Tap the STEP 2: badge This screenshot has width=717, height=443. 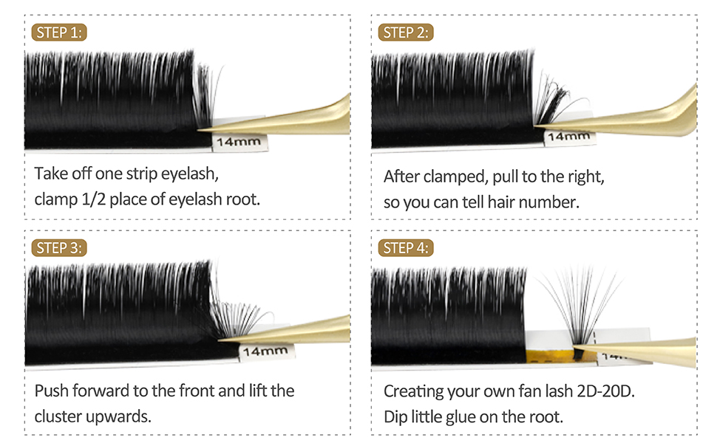(x=406, y=32)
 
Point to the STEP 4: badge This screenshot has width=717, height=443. (x=406, y=248)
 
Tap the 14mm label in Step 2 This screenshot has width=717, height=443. (x=570, y=136)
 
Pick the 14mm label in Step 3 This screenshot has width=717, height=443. (x=264, y=351)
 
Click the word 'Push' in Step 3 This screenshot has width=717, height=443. (x=51, y=390)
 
